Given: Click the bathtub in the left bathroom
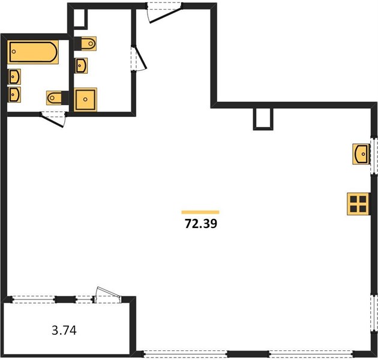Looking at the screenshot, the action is click(33, 52).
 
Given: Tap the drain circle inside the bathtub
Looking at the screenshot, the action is click(14, 52).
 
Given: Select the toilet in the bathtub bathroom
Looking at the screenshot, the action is click(58, 98).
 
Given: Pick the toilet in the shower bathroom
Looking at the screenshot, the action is click(85, 44).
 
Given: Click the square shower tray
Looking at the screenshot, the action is click(85, 100).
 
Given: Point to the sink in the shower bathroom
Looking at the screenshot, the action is click(81, 65).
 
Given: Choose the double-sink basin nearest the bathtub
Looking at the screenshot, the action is click(14, 77).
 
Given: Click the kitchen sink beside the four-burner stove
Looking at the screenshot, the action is click(361, 154).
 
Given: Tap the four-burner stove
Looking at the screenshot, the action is click(358, 204).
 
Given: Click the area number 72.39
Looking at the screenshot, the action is click(201, 224).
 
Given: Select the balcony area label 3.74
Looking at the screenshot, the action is click(64, 330).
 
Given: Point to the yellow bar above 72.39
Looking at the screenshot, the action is click(200, 212).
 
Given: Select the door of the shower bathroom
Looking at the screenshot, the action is click(139, 58).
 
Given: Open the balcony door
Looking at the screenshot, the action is click(108, 295).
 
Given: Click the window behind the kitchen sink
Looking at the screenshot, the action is click(374, 155).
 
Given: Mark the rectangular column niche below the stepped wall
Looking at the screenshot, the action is click(263, 119).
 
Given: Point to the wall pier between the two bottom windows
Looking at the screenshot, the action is click(248, 354).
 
